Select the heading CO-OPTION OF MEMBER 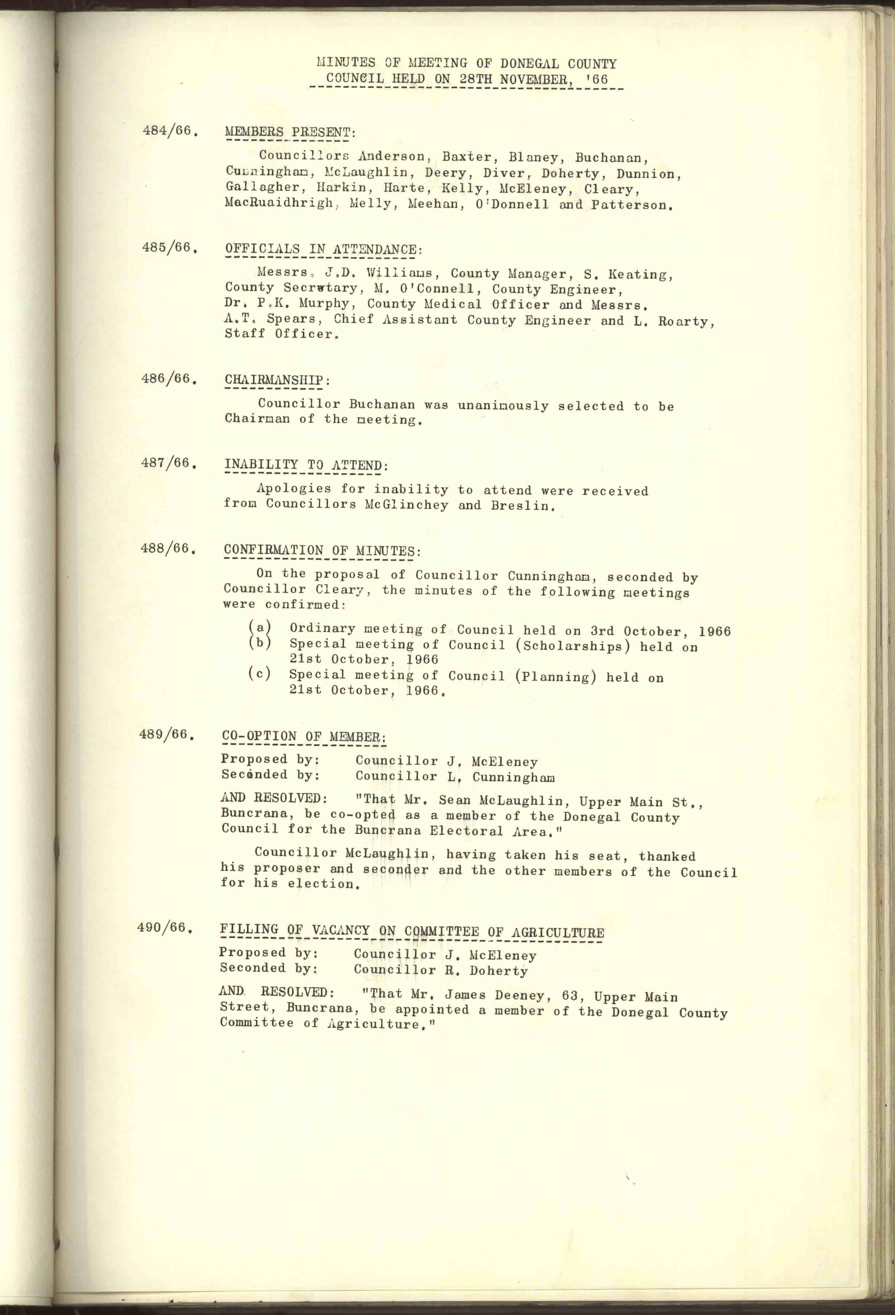[303, 737]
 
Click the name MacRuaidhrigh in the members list [279, 204]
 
